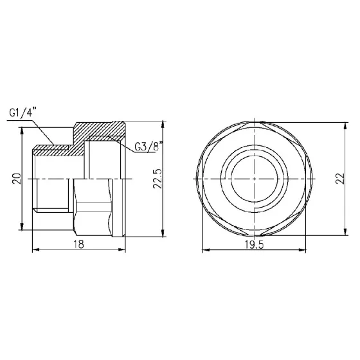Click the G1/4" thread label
click(x=23, y=113)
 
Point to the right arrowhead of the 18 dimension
click(x=123, y=251)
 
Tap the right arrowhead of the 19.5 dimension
click(x=310, y=251)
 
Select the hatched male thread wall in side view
click(x=58, y=152)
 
